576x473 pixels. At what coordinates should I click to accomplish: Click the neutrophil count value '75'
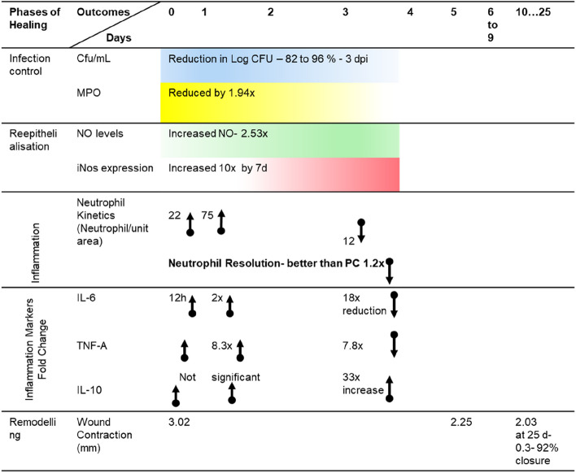[207, 216]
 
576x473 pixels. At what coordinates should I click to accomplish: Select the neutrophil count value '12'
[351, 240]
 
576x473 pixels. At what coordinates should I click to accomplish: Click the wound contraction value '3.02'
[179, 422]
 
